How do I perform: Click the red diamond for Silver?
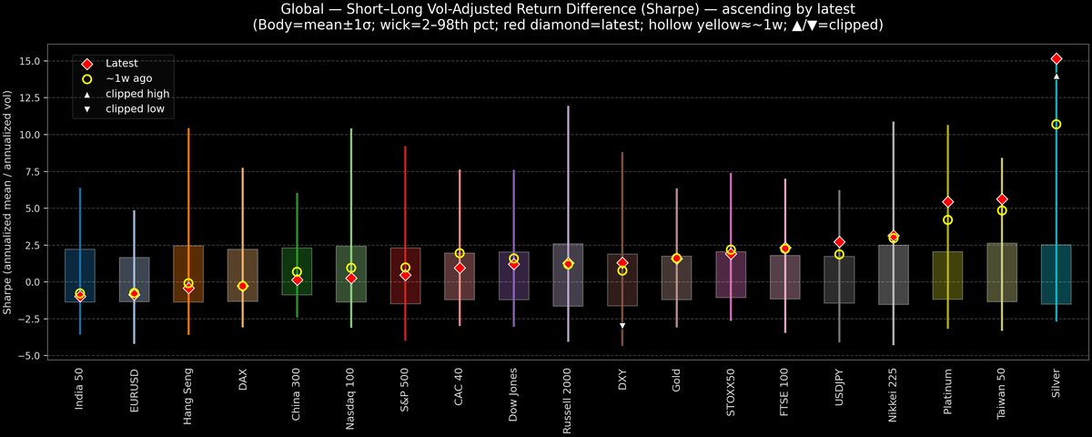tap(1056, 58)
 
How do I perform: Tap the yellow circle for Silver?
tap(1056, 124)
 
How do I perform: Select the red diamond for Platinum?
tap(947, 202)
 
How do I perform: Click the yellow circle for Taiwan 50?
tap(1002, 210)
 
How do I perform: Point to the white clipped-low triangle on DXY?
tap(622, 325)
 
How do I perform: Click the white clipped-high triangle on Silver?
tap(1056, 76)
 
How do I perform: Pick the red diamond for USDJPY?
tap(839, 242)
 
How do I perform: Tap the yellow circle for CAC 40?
tap(460, 253)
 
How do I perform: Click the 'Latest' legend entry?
tap(121, 64)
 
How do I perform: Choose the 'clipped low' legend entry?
tap(135, 109)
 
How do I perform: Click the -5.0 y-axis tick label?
tap(36, 355)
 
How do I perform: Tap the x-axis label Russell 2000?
tap(568, 398)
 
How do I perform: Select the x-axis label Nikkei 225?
tap(894, 393)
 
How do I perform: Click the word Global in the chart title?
tap(304, 9)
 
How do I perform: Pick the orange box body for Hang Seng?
tap(188, 273)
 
